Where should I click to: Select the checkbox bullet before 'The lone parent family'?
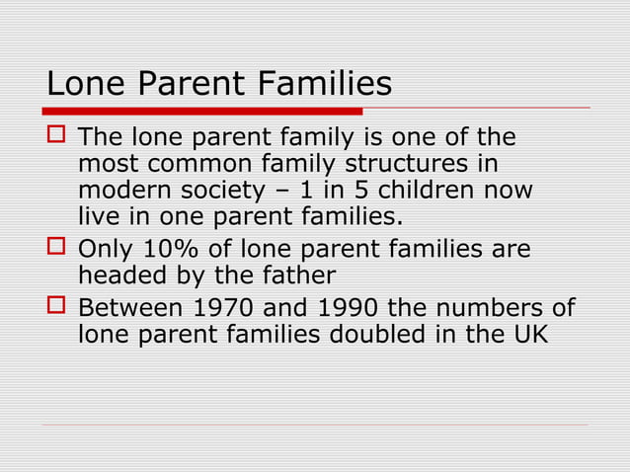(x=55, y=135)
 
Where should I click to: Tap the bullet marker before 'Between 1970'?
(x=55, y=307)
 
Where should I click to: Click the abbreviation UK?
(x=525, y=336)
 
